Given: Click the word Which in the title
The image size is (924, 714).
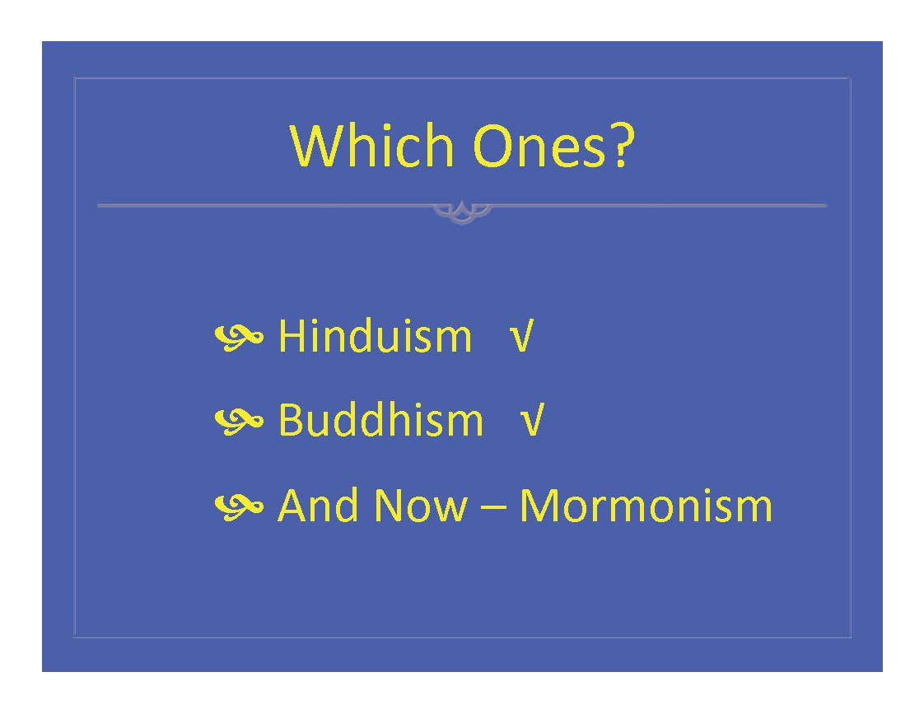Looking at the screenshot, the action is [372, 145].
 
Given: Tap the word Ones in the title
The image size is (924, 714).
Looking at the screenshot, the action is [539, 146].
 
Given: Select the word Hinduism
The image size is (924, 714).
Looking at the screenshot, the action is [375, 336].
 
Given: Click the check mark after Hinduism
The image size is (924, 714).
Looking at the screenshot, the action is [521, 336].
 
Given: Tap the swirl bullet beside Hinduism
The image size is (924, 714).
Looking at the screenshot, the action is [239, 338].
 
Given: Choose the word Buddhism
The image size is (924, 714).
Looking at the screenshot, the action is [380, 419].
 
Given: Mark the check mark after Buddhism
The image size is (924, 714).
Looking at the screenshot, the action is [532, 420].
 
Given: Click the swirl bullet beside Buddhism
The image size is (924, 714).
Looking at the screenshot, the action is [239, 422].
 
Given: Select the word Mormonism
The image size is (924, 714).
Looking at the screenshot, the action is [646, 506].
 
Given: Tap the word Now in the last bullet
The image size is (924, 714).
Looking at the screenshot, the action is [421, 506].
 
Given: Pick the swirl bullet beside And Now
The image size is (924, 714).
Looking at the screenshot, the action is [239, 506].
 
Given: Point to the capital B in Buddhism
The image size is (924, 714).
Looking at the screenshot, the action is [290, 420].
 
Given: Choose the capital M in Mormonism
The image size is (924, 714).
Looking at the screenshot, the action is [539, 506].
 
